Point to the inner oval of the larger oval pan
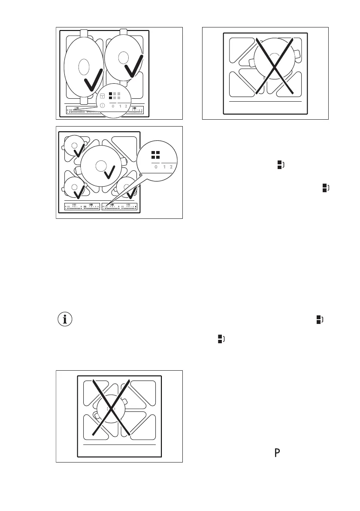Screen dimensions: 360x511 pos(84,68)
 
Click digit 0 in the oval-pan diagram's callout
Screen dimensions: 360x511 pos(113,106)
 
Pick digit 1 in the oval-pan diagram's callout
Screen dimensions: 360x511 pos(119,106)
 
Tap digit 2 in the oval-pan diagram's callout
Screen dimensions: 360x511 pos(126,106)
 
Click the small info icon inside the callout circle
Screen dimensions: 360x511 pos(103,105)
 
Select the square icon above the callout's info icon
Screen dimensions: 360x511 pos(103,96)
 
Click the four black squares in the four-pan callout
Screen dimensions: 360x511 pos(155,155)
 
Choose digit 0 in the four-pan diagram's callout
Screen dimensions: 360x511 pos(155,167)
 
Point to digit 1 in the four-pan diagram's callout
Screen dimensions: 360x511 pos(164,167)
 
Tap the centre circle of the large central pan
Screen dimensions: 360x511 pos(101,164)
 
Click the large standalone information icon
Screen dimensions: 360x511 pos(65,319)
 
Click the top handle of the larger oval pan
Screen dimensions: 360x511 pos(84,33)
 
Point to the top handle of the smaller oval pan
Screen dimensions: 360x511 pos(124,31)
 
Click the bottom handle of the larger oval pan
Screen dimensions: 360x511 pos(84,100)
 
